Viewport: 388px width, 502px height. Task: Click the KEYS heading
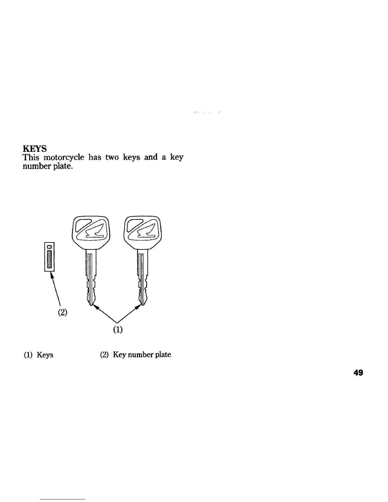tap(35, 149)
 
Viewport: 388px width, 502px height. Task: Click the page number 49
tap(358, 373)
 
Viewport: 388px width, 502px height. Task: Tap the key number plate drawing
tap(49, 256)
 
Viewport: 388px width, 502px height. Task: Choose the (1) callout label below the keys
tap(118, 330)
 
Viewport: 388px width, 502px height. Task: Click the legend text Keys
tap(45, 355)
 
